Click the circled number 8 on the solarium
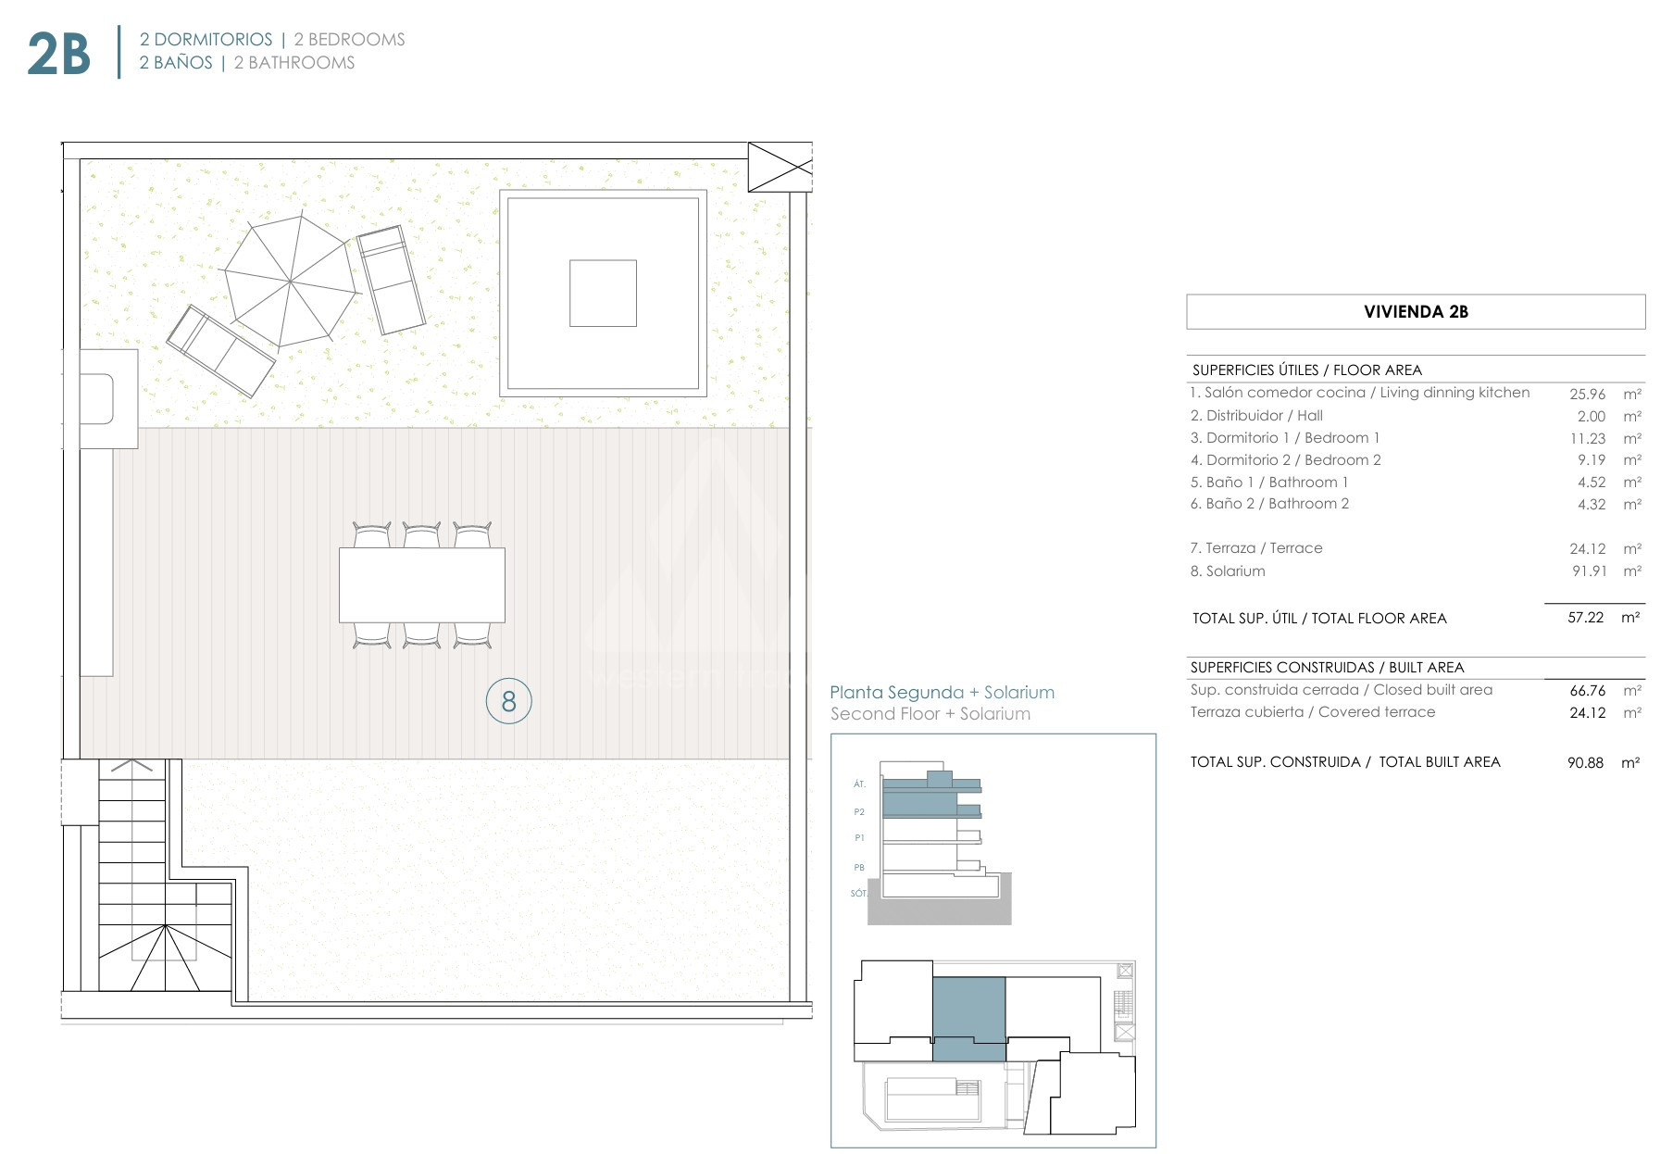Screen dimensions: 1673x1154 [x=508, y=701]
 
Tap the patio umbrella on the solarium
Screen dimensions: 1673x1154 [x=291, y=281]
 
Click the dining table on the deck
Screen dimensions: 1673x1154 [x=422, y=584]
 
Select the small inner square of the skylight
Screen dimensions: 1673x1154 [x=603, y=293]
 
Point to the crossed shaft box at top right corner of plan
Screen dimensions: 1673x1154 [x=780, y=167]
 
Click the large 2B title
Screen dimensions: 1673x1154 [x=58, y=54]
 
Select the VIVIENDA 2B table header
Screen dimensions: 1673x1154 [x=1416, y=312]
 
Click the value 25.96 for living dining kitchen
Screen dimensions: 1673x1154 [x=1587, y=394]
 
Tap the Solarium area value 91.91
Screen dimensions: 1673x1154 [x=1589, y=571]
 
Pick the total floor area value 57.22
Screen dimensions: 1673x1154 [x=1585, y=617]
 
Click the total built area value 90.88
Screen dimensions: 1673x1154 [x=1585, y=762]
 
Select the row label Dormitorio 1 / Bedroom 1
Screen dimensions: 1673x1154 [x=1284, y=438]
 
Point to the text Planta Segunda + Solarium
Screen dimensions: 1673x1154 [x=942, y=692]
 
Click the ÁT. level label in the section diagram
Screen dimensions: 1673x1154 [x=859, y=784]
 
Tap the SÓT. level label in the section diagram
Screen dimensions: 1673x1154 [x=858, y=894]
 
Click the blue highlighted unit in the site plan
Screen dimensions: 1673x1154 [x=968, y=1018]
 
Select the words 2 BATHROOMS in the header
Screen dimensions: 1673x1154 [x=294, y=63]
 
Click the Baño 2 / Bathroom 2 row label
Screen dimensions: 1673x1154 [x=1269, y=504]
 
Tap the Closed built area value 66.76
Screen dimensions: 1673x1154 [x=1587, y=690]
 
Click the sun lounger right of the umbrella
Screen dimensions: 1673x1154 [x=391, y=280]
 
